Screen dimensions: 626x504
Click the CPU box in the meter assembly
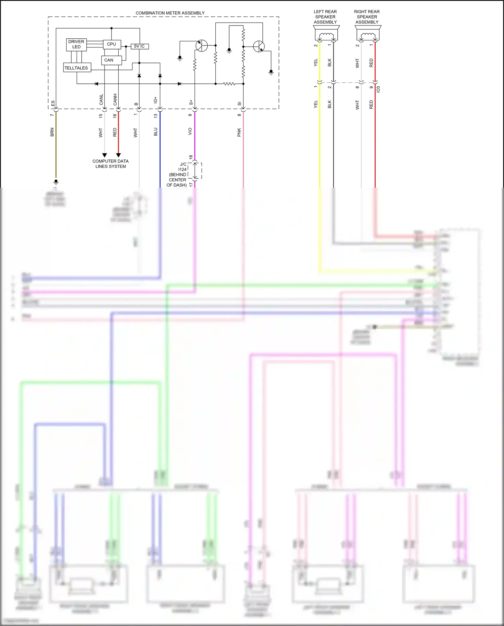(x=112, y=44)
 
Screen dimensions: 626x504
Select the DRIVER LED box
(x=76, y=44)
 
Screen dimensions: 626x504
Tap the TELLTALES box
(x=76, y=68)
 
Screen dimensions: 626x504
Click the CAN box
(x=109, y=60)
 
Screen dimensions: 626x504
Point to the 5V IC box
(x=139, y=46)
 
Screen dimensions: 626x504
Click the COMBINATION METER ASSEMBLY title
(x=170, y=13)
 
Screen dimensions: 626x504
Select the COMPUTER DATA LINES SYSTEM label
(x=111, y=164)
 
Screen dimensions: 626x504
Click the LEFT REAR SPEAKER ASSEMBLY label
(x=325, y=17)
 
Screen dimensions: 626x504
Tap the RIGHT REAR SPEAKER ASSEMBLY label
(x=367, y=17)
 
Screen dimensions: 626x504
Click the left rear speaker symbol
(x=325, y=35)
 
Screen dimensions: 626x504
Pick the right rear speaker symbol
(x=368, y=35)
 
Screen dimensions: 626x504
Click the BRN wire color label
(x=52, y=132)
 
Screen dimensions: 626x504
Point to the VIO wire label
(x=190, y=132)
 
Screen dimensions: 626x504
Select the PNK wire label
(x=239, y=132)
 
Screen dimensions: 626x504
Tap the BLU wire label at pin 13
(x=156, y=132)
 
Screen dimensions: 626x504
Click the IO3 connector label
(x=378, y=89)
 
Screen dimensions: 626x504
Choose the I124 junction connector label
(x=182, y=170)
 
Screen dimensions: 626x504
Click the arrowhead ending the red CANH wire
(x=118, y=155)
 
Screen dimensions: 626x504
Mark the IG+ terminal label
(x=155, y=100)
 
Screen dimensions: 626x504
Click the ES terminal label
(x=53, y=103)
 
